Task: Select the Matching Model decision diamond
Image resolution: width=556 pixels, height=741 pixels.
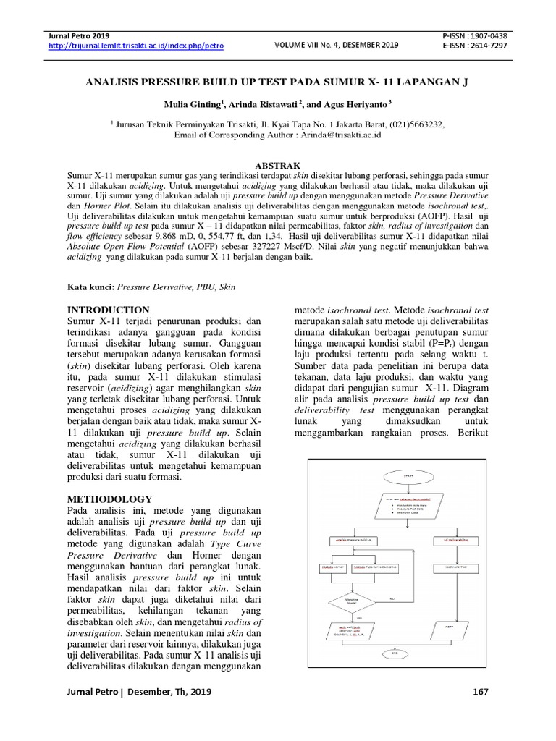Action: (352, 600)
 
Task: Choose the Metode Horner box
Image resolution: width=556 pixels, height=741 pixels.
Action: (332, 567)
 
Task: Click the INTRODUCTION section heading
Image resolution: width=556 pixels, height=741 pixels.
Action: (108, 310)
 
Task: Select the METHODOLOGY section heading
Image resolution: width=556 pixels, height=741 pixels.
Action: (109, 499)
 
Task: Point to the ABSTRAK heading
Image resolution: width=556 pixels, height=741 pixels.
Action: (278, 166)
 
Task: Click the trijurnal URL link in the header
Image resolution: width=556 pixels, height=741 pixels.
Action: (135, 46)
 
